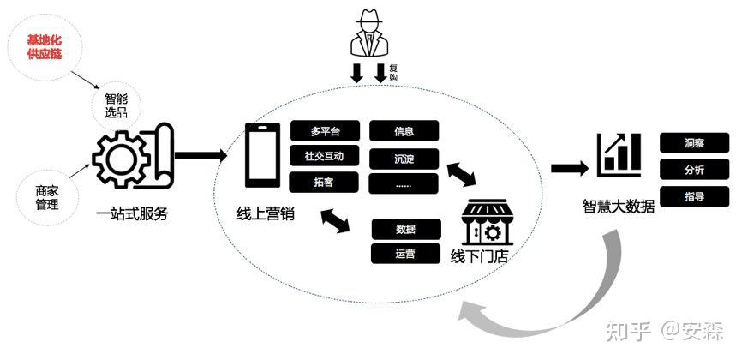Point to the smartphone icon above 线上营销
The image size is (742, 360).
point(261,156)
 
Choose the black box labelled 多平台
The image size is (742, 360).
point(325,131)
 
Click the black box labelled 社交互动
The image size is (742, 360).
point(325,156)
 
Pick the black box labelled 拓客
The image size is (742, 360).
point(325,182)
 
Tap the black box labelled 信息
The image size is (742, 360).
point(404,131)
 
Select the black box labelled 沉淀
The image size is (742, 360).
point(404,159)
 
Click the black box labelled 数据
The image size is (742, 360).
point(405,230)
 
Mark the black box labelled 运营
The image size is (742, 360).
point(405,254)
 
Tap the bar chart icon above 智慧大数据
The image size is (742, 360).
point(619,154)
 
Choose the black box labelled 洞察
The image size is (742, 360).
point(694,143)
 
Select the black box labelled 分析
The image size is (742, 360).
point(694,170)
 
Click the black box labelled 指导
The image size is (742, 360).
point(694,196)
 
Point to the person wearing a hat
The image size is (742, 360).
point(368,39)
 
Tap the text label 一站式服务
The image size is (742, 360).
point(133,213)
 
